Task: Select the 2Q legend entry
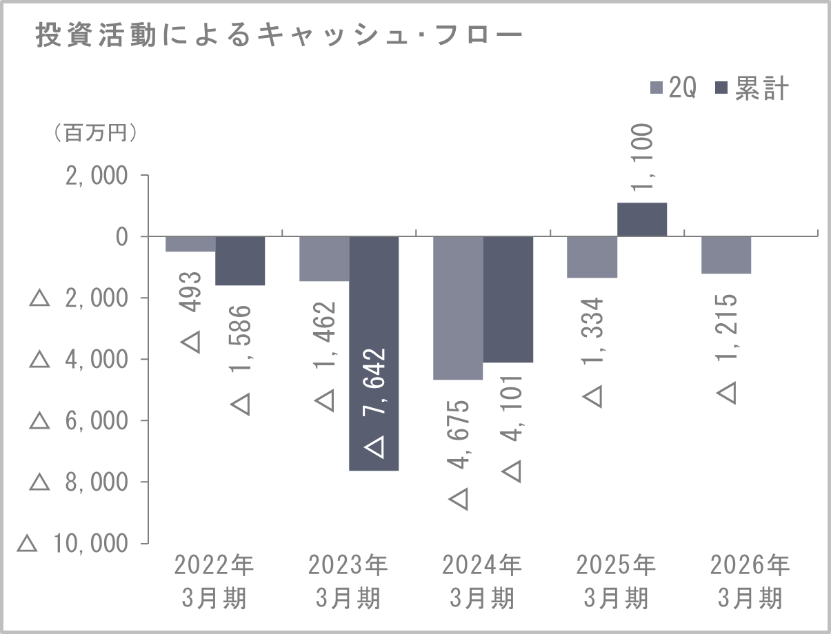click(x=674, y=89)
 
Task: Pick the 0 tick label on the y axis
click(x=122, y=236)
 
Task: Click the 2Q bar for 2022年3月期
click(x=190, y=244)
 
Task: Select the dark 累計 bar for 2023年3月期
click(x=374, y=353)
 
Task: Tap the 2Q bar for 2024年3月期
click(x=457, y=307)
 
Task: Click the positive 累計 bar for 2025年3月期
click(x=641, y=220)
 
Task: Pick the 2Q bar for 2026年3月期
click(x=726, y=255)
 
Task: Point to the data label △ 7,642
click(x=374, y=402)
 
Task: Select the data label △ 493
click(x=191, y=311)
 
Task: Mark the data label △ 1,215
click(x=726, y=348)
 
